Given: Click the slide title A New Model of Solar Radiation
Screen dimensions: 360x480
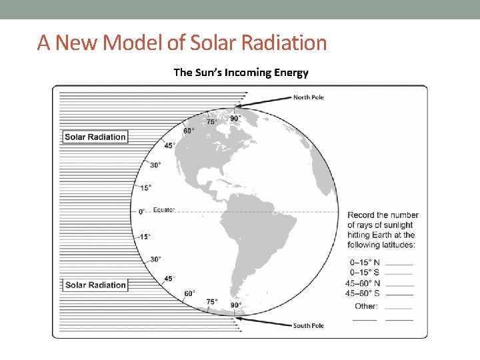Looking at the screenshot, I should click(182, 43).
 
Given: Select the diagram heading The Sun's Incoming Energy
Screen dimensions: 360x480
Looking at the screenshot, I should click(241, 72).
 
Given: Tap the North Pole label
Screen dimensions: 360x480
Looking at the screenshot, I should click(308, 97).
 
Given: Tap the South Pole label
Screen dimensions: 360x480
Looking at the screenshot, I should click(308, 325).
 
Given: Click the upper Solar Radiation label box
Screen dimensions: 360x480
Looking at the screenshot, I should click(95, 137).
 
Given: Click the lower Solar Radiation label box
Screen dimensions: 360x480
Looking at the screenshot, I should click(95, 285).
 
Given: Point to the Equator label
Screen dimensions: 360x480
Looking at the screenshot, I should click(164, 210).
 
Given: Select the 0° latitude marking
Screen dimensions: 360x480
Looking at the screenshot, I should click(142, 211).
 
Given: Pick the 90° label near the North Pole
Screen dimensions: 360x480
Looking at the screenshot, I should click(235, 119).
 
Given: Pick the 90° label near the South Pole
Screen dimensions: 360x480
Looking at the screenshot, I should click(236, 305).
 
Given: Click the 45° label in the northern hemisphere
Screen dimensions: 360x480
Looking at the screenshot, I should click(170, 145).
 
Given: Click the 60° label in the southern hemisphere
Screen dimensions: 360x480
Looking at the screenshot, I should click(189, 293).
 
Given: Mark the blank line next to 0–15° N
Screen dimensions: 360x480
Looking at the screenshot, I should click(399, 265).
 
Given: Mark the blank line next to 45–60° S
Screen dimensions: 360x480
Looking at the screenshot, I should click(399, 294).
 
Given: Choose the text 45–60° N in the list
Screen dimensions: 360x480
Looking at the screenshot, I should click(363, 283).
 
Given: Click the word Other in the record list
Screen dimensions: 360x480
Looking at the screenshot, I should click(366, 306).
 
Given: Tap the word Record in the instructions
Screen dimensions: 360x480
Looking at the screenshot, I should click(361, 215).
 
